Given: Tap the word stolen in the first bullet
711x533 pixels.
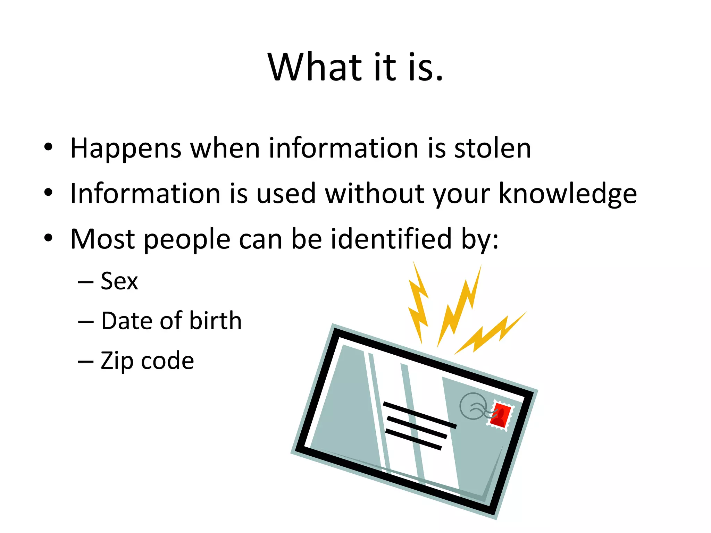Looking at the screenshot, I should (x=493, y=149).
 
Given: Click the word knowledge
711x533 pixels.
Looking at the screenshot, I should (x=568, y=194).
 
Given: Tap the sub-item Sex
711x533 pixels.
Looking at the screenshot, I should (x=119, y=281).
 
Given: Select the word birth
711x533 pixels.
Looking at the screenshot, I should (x=216, y=321).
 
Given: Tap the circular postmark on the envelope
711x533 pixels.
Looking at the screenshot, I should (x=473, y=406).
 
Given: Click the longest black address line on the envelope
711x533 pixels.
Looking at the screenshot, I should (x=419, y=415).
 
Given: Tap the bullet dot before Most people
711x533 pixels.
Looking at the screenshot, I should (x=48, y=238).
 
